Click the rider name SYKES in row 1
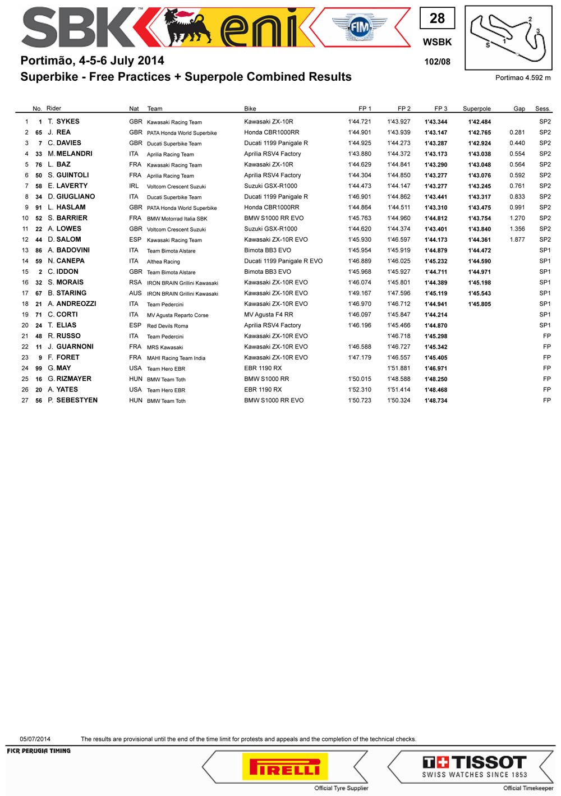[67, 121]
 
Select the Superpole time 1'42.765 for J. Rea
[479, 132]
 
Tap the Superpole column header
[476, 109]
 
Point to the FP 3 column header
[440, 109]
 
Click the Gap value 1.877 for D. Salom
[517, 240]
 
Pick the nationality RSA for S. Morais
[135, 282]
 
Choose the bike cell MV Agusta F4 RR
[268, 315]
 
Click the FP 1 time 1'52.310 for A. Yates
[359, 389]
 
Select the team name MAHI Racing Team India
[176, 358]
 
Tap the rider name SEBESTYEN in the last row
[77, 400]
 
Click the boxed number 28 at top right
[437, 19]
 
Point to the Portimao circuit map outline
[508, 38]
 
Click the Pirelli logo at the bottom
[284, 767]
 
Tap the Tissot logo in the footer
[475, 766]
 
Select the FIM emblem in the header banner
[360, 26]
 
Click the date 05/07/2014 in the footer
[35, 739]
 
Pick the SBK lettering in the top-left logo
[79, 28]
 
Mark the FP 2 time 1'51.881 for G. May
[398, 368]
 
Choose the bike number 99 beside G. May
[39, 369]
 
